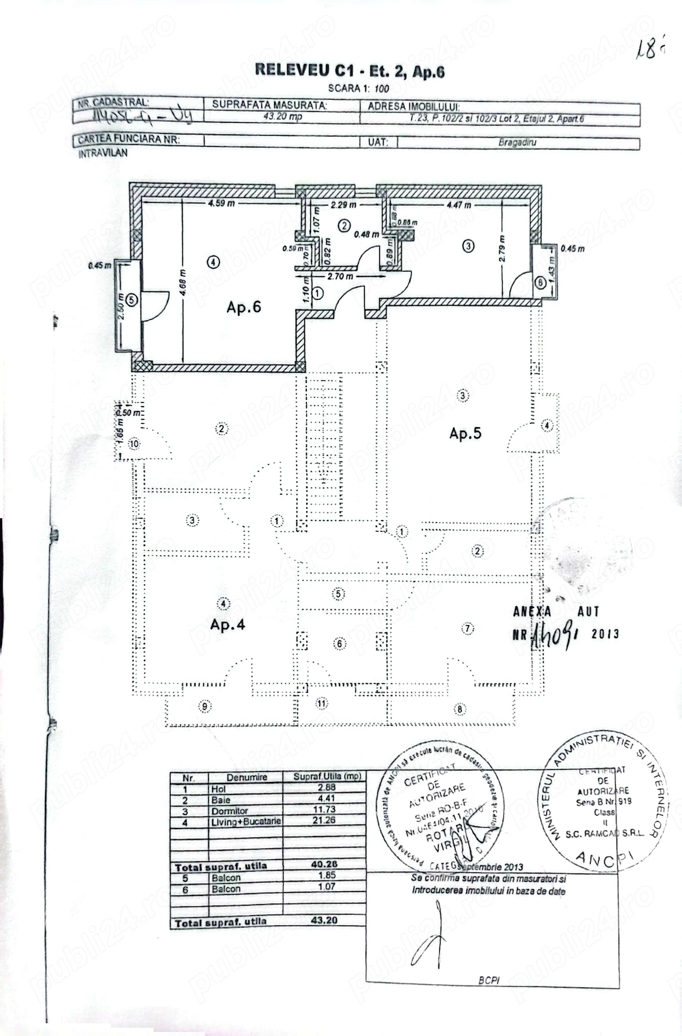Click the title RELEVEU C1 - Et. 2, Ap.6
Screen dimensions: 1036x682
(x=349, y=71)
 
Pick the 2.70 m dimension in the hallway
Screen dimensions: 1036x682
(x=340, y=277)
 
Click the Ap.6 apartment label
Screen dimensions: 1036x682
(x=243, y=307)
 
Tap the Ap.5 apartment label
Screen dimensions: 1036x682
(x=466, y=433)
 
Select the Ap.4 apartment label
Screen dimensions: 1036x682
(x=228, y=624)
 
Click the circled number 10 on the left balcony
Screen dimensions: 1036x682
(x=134, y=444)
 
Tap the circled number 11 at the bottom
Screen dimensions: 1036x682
(x=322, y=702)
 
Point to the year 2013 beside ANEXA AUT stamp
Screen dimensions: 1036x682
(x=605, y=633)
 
